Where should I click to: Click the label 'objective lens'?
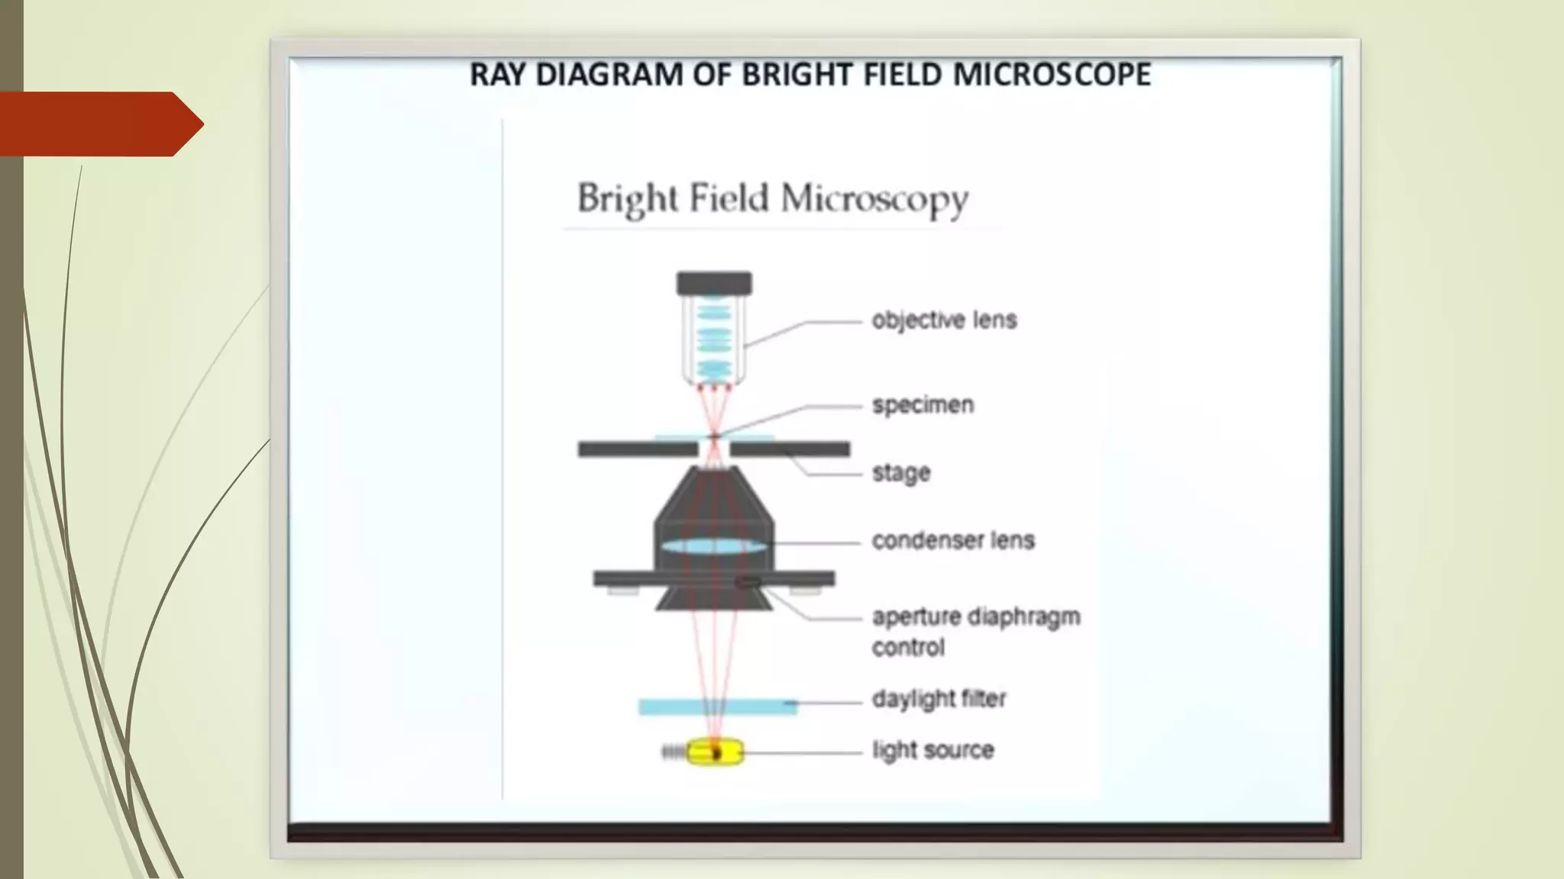coord(944,320)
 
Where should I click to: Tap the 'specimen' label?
coord(923,404)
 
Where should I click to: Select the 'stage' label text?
coord(901,473)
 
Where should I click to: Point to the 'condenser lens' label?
coord(953,540)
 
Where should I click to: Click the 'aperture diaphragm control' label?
coord(975,631)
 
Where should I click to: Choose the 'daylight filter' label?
coord(939,699)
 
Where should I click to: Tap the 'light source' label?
coord(932,750)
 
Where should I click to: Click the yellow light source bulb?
coord(715,752)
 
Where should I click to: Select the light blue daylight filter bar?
coord(717,707)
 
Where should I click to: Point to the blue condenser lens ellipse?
coord(713,546)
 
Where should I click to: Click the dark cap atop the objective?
coord(714,284)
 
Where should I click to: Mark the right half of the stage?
coord(790,449)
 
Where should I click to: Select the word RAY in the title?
coord(498,75)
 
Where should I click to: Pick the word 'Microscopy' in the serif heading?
coord(874,200)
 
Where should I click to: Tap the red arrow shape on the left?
coord(99,124)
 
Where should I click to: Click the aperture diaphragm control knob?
coord(748,584)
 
